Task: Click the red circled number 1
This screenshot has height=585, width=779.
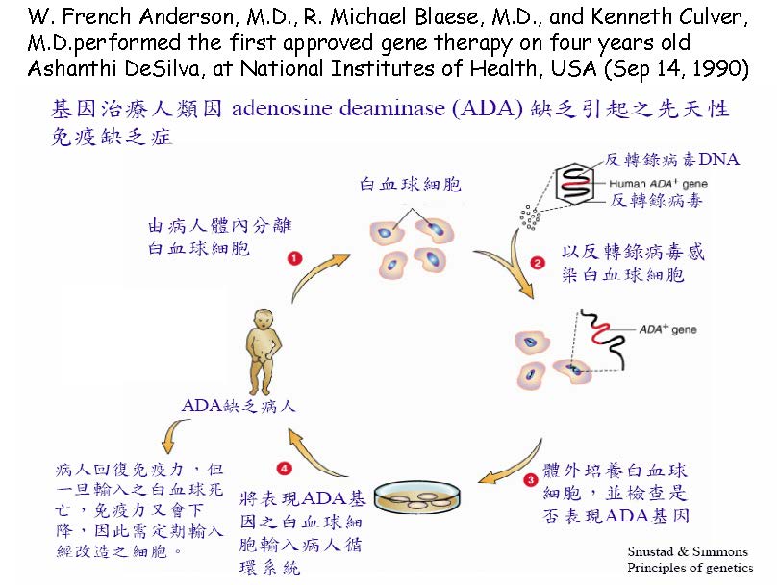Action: [x=294, y=258]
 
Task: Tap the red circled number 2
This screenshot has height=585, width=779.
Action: [x=538, y=262]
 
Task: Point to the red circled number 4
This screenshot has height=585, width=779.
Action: [x=283, y=468]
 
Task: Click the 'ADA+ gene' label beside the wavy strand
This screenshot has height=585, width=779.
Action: [x=667, y=328]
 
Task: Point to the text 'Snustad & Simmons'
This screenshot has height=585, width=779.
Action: [x=687, y=552]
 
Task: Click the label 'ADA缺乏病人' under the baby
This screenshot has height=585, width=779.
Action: [x=239, y=406]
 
